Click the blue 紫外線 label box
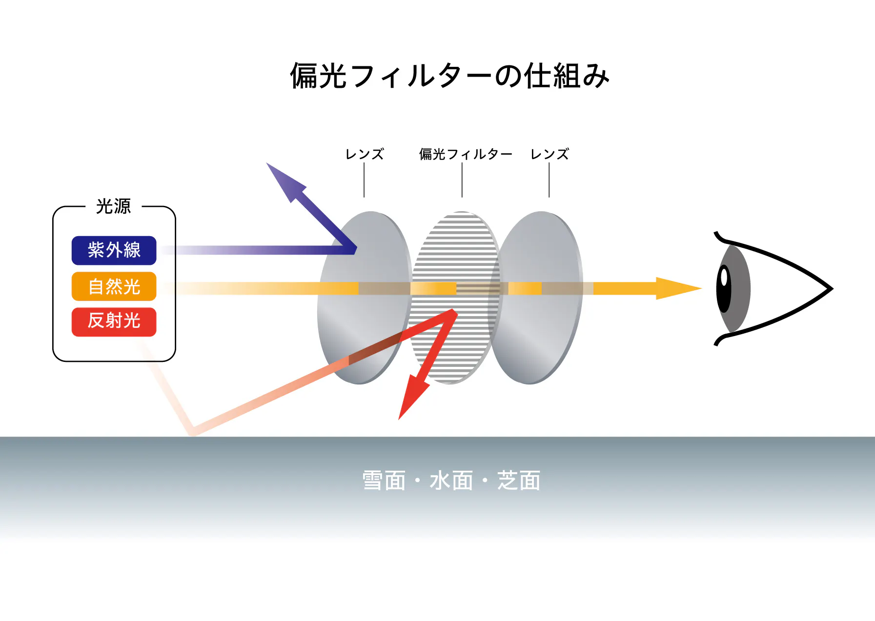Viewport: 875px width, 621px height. [x=114, y=250]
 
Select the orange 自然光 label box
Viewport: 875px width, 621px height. [x=114, y=286]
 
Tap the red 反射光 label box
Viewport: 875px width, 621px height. [x=114, y=322]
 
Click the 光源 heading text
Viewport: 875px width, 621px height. [x=114, y=206]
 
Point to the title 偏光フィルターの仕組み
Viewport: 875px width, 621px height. [x=450, y=76]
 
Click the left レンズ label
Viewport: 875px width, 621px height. [x=365, y=154]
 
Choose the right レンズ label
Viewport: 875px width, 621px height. [x=549, y=154]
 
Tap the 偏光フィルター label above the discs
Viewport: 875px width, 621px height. [x=466, y=154]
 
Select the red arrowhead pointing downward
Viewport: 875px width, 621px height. [x=413, y=396]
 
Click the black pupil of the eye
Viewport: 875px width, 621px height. [x=724, y=289]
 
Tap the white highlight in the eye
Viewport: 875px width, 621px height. [x=724, y=278]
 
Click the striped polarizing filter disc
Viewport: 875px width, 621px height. [x=455, y=298]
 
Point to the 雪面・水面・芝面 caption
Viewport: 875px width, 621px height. [x=451, y=481]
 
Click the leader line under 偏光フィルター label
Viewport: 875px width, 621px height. [x=462, y=180]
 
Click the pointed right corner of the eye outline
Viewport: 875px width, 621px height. [x=832, y=288]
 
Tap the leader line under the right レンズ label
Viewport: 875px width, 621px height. [x=549, y=180]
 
